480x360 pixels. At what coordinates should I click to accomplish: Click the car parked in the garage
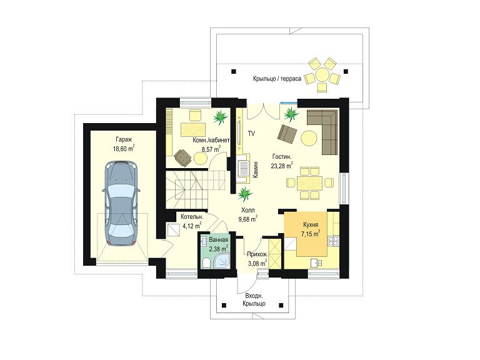click(x=122, y=203)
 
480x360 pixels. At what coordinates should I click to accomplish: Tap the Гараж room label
click(x=124, y=140)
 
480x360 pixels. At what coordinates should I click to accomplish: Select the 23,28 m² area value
click(x=282, y=166)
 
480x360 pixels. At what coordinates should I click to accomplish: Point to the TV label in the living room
click(x=251, y=133)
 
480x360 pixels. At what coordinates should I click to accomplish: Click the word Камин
click(x=256, y=169)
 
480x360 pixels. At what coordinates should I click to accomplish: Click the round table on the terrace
click(x=322, y=74)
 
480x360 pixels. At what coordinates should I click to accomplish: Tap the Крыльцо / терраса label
click(x=277, y=78)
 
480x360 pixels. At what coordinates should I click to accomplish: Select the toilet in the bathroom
click(x=207, y=263)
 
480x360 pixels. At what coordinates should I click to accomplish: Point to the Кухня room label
click(x=311, y=224)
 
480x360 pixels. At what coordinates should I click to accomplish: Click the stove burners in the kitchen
click(x=333, y=241)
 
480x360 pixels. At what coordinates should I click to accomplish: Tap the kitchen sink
click(x=316, y=262)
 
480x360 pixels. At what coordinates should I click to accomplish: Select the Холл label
click(x=247, y=210)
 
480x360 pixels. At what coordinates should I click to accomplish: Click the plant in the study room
click(x=220, y=117)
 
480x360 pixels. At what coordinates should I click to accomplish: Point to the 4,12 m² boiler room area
click(x=192, y=226)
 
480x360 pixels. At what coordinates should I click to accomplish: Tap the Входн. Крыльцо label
click(x=254, y=300)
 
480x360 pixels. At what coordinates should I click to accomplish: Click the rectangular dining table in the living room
click(x=309, y=183)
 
